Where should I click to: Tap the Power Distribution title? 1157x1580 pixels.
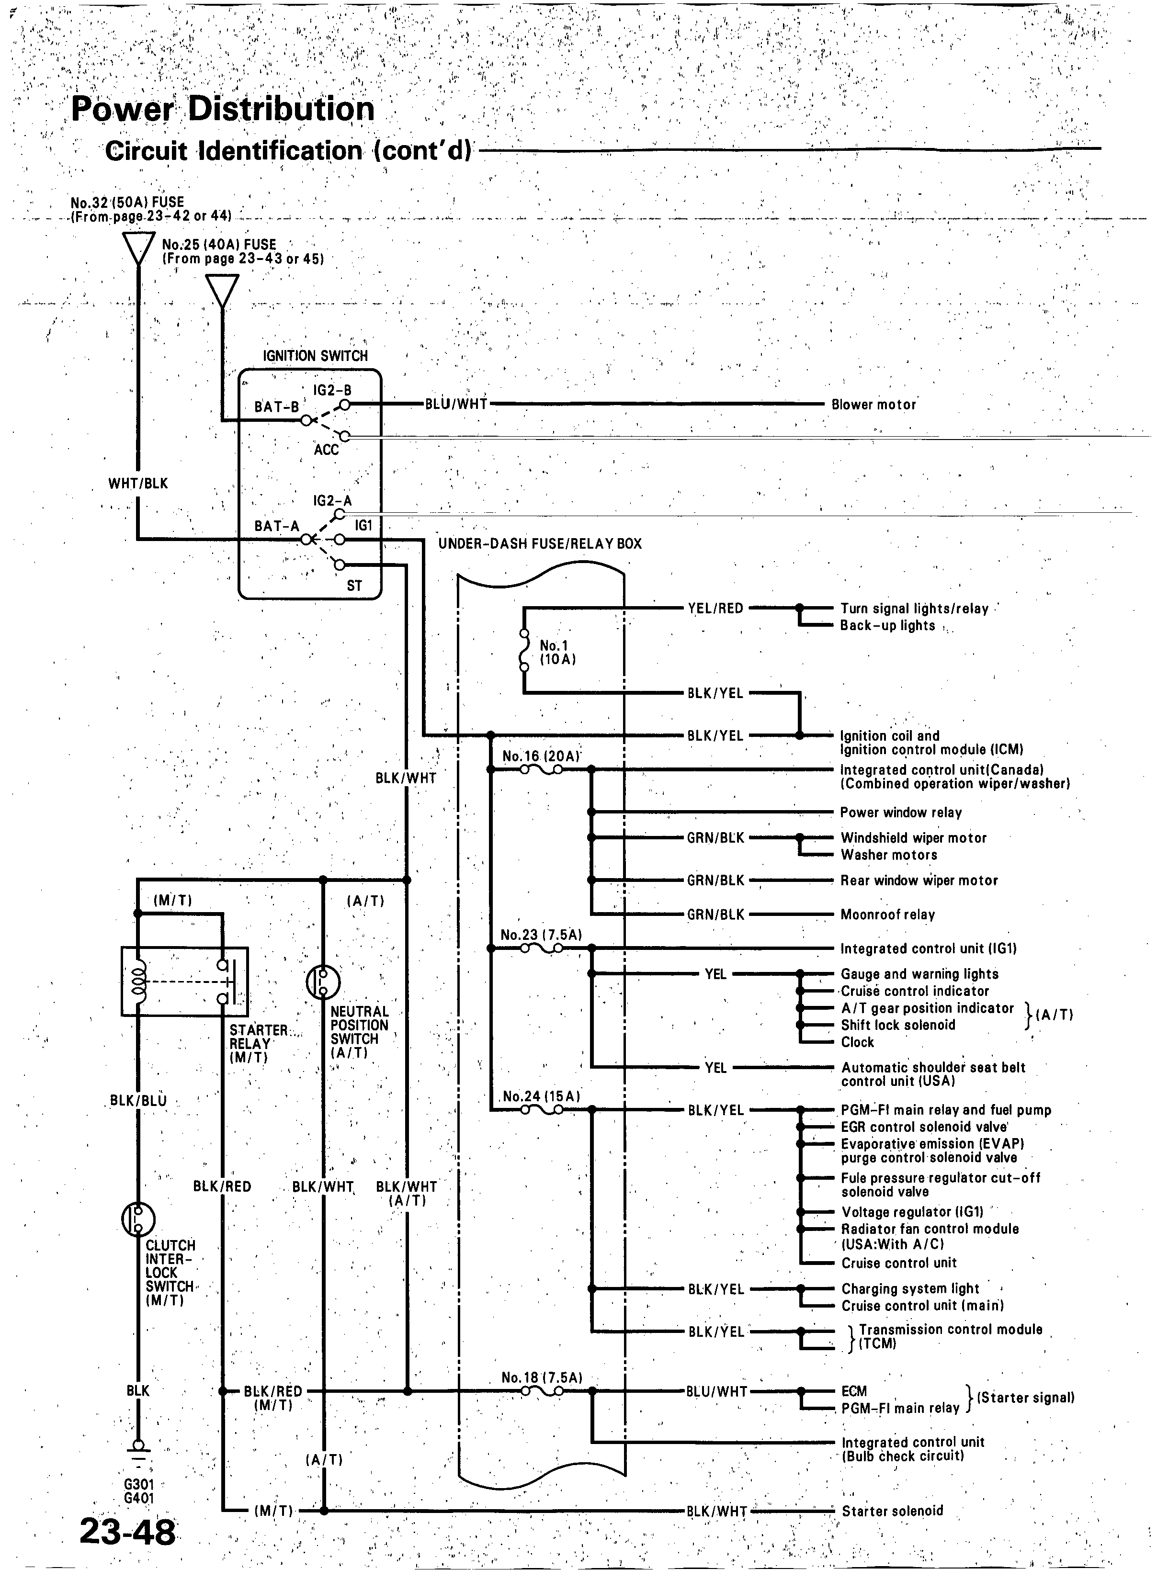223,109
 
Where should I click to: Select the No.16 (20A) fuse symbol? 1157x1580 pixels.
541,769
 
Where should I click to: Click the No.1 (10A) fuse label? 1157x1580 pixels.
557,652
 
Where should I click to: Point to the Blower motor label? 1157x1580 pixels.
873,405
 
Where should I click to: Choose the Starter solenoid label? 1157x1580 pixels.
892,1511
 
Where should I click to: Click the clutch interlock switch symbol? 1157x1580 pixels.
138,1219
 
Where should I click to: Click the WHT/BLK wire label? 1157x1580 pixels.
138,484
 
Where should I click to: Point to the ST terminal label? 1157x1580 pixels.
354,585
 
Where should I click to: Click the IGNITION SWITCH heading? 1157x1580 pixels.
315,356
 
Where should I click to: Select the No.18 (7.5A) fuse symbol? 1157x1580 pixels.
541,1391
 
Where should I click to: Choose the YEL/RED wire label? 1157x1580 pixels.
715,609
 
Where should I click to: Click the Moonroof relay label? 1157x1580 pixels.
887,914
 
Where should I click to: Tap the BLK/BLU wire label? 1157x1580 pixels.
139,1100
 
